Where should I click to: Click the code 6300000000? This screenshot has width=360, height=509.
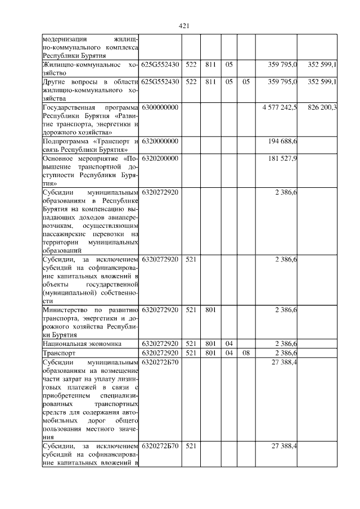[160, 107]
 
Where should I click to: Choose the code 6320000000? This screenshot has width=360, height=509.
[160, 141]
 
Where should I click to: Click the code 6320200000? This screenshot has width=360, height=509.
[160, 159]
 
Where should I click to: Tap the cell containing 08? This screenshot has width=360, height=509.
[246, 353]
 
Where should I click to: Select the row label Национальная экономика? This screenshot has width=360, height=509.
[82, 343]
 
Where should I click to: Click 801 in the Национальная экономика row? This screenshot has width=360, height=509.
[210, 343]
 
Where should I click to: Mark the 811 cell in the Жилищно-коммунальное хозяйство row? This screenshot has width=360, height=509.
[210, 65]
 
